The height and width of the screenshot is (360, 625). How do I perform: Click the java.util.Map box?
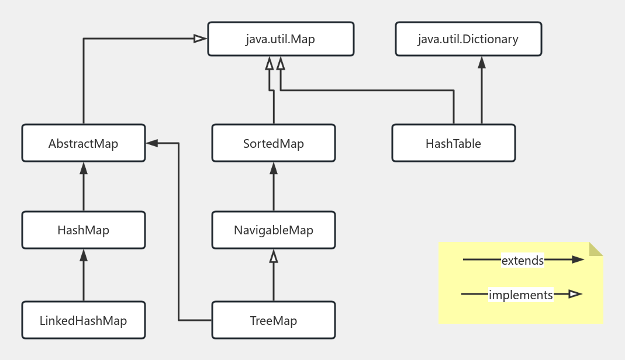coord(281,39)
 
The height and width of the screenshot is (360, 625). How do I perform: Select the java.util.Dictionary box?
coord(468,39)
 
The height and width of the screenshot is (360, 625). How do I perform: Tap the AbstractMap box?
coord(84,143)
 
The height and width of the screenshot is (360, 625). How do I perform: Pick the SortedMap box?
coord(274,143)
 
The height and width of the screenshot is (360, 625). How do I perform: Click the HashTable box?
coord(454,143)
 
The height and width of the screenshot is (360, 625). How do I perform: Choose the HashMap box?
coord(84,230)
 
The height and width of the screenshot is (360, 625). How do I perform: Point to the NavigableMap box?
coord(274,230)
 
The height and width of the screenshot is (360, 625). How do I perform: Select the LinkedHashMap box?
coord(84,320)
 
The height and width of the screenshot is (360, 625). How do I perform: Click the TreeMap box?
coord(274,320)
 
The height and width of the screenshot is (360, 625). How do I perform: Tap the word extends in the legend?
coord(523,260)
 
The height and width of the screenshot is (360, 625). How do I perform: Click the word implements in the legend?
coord(521,295)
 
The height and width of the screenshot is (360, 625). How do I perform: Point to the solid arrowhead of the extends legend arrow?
coord(578,259)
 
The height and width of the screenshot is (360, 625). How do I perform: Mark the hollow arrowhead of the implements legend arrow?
coord(575,294)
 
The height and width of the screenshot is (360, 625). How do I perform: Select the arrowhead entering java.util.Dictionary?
coord(482,62)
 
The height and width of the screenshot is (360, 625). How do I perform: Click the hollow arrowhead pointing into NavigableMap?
coord(274,255)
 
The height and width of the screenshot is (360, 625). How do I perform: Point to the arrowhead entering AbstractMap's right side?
coord(152,143)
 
